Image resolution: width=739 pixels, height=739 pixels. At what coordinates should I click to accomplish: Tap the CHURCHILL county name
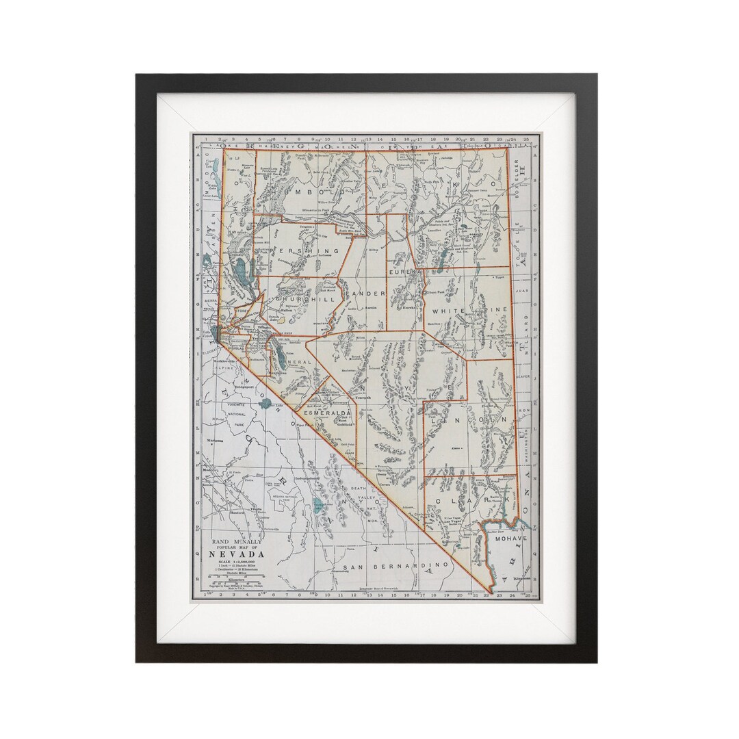tap(304, 299)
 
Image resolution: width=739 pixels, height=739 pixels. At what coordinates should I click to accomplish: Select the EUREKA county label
tap(404, 272)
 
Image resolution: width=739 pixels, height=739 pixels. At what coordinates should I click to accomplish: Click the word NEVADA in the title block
tap(239, 554)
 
